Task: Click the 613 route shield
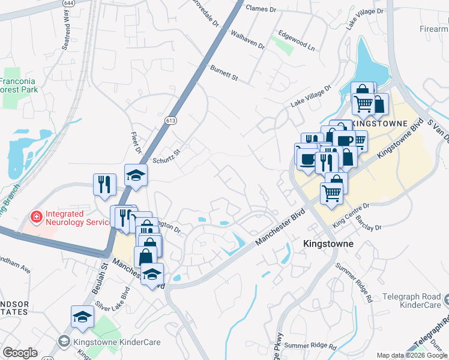[170, 121]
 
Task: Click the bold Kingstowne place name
[328, 245]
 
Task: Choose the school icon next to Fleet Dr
[136, 175]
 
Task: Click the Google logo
[20, 352]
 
